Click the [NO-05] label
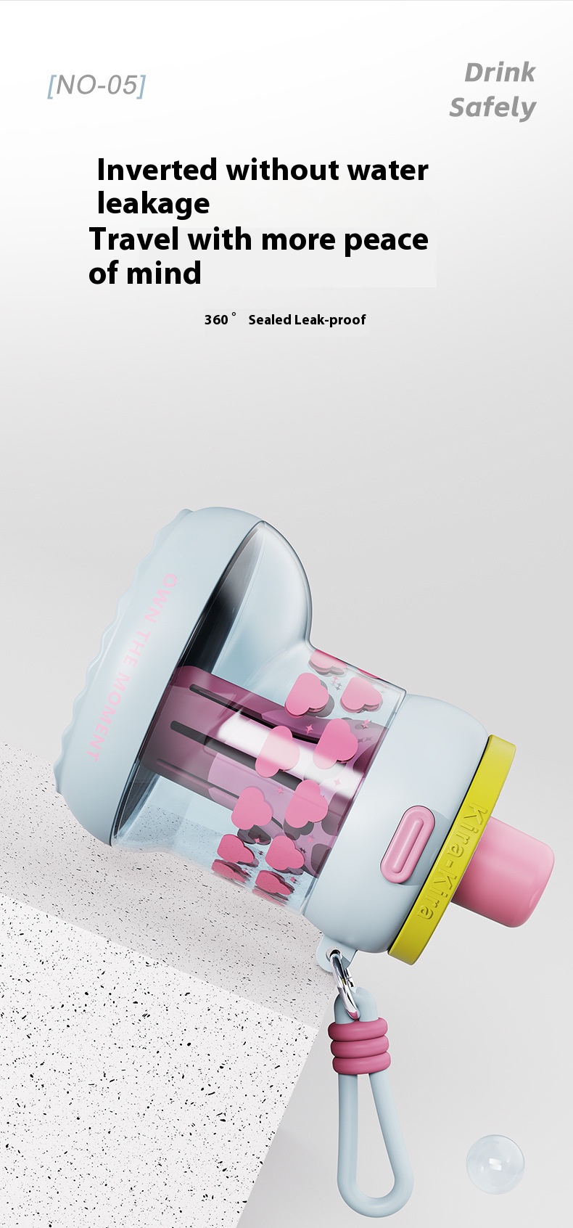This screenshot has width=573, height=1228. (x=97, y=86)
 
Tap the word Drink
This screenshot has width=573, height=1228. (x=500, y=73)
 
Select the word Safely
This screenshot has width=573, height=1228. (x=492, y=107)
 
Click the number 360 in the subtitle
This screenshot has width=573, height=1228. (x=216, y=319)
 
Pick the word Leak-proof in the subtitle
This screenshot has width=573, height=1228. (x=330, y=320)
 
